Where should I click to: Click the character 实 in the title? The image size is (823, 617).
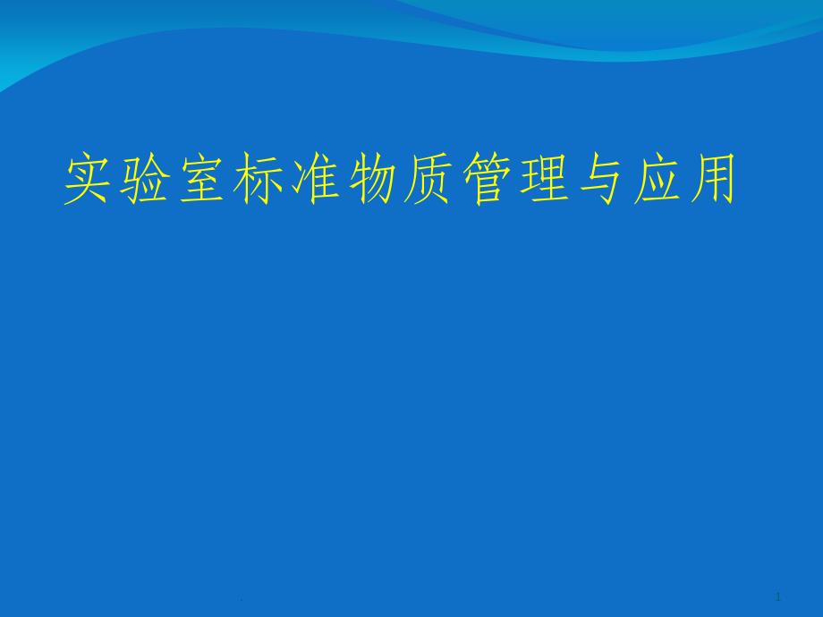tap(89, 178)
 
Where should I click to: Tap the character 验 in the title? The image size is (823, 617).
tap(145, 178)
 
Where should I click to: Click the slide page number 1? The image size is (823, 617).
tap(778, 596)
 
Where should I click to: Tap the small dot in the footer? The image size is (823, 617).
tap(241, 600)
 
